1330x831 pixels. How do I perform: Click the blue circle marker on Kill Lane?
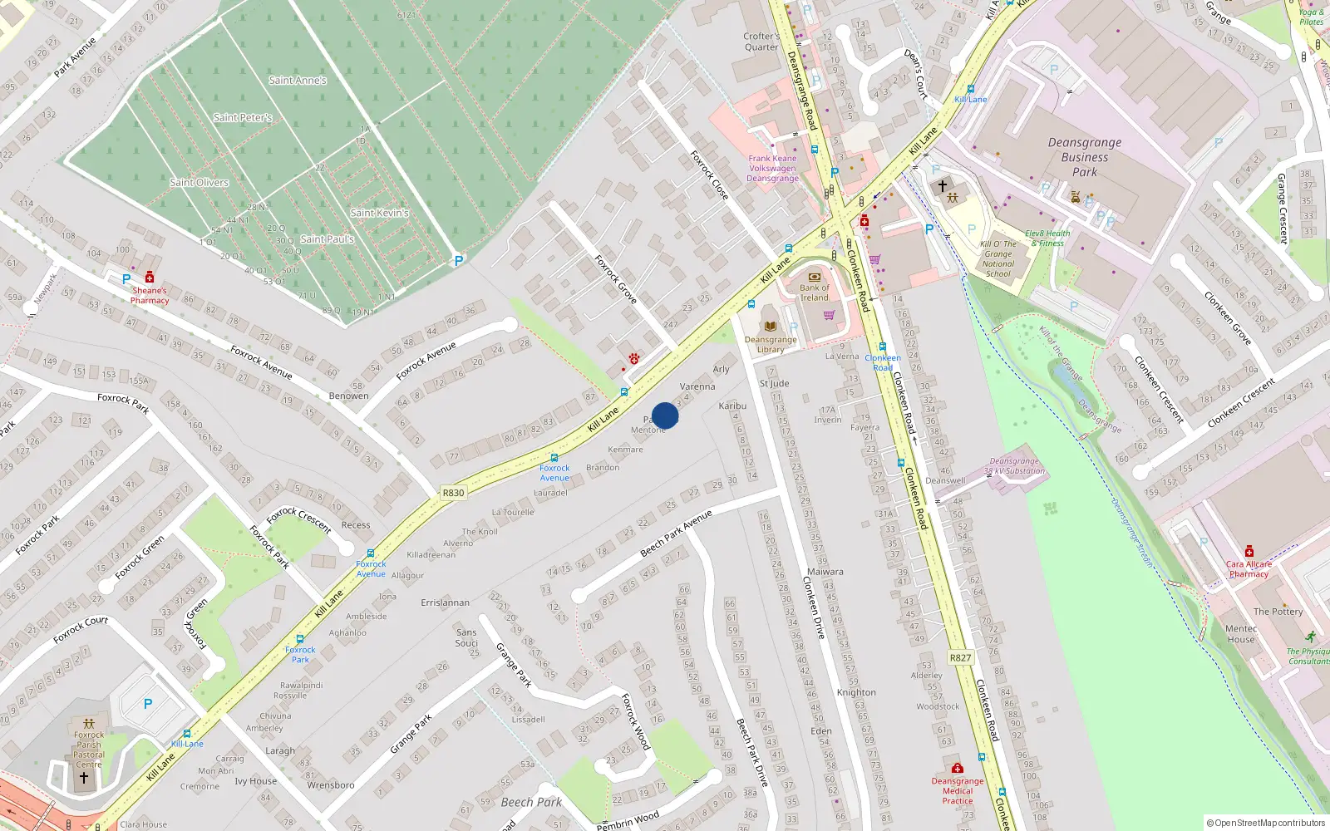point(665,415)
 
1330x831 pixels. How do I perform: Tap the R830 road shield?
point(453,493)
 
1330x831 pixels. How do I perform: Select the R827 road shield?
point(960,657)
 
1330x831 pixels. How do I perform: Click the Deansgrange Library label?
point(771,344)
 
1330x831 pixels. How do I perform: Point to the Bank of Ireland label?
point(815,293)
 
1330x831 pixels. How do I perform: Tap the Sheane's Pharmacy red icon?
point(150,278)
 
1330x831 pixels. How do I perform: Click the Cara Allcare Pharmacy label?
point(1249,568)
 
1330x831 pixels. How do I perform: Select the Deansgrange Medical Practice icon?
point(958,769)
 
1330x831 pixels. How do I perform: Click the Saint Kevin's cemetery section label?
point(380,213)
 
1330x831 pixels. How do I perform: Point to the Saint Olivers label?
point(199,182)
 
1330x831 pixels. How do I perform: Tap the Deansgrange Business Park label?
point(1085,157)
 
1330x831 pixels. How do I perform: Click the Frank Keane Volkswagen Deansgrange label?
point(772,168)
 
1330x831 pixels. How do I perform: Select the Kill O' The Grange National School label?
point(998,259)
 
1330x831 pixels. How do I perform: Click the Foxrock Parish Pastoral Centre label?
point(89,750)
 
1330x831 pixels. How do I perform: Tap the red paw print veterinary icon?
point(634,358)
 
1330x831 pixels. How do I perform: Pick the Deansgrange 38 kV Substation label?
point(1014,466)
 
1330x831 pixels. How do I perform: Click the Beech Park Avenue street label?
point(676,534)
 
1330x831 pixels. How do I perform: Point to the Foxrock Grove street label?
point(615,279)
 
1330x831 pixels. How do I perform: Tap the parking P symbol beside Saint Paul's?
point(458,261)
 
